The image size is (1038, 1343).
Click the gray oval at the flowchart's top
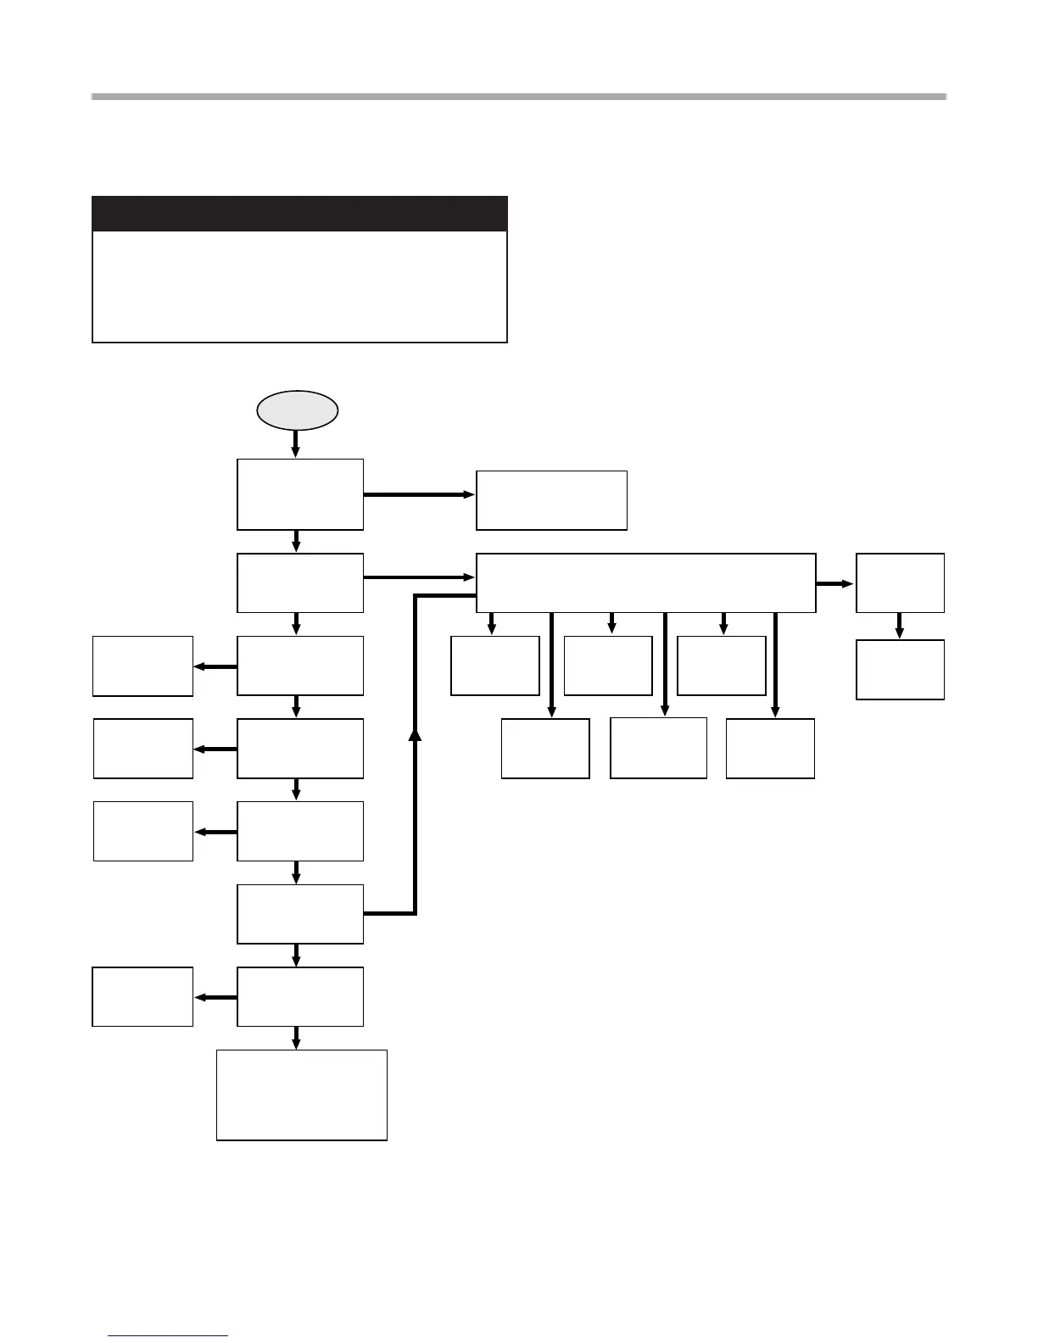tap(298, 410)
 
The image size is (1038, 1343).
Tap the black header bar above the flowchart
tap(299, 214)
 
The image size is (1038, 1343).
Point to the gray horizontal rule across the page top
tap(518, 97)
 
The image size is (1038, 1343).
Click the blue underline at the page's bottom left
tap(168, 1335)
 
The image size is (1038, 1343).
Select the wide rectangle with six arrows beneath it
tap(645, 582)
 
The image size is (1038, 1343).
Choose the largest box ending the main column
tap(302, 1095)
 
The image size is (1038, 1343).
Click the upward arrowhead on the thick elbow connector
tap(415, 734)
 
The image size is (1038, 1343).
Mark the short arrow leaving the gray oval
tap(296, 443)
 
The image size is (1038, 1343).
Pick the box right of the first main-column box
tap(551, 500)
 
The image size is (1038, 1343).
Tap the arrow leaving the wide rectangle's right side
tap(835, 583)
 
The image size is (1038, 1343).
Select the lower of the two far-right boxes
tap(900, 670)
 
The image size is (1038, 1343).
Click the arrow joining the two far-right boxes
tap(900, 626)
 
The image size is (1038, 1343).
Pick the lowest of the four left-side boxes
tap(142, 996)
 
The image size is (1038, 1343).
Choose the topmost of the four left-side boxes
tap(142, 666)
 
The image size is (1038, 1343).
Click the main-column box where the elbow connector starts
tap(300, 914)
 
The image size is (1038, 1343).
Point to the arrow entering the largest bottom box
tap(296, 1038)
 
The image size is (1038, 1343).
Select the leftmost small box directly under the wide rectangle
tap(495, 666)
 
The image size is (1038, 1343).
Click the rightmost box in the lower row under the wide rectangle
tap(770, 748)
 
